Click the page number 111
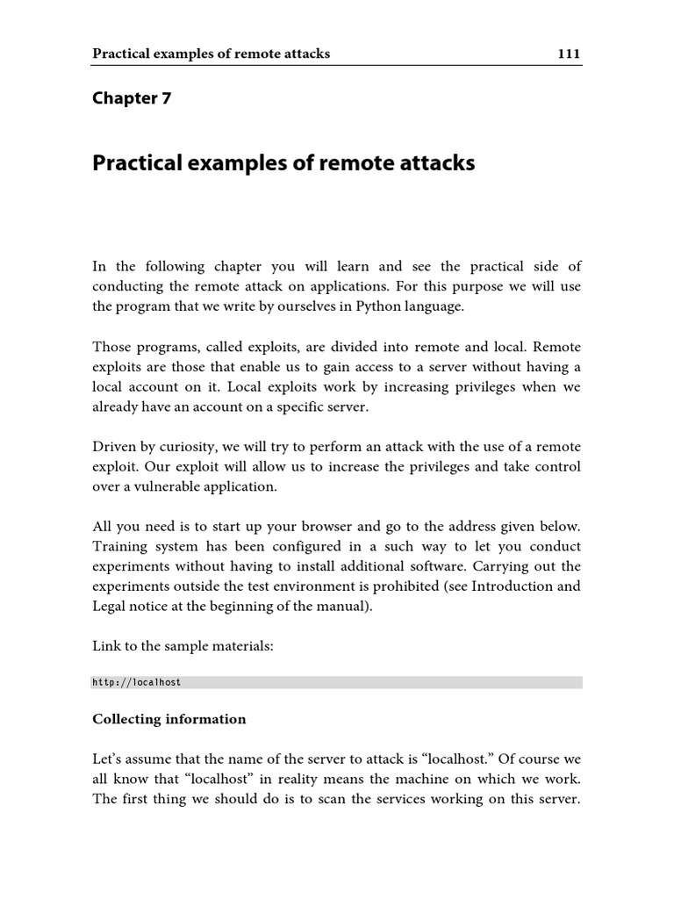pos(569,54)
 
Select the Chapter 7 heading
pos(132,98)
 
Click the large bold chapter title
pos(283,163)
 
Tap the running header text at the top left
pos(211,54)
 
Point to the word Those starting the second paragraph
pos(113,347)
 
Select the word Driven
pos(114,447)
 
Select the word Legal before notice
pos(111,607)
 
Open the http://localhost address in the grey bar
pos(136,682)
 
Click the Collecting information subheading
pos(169,719)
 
